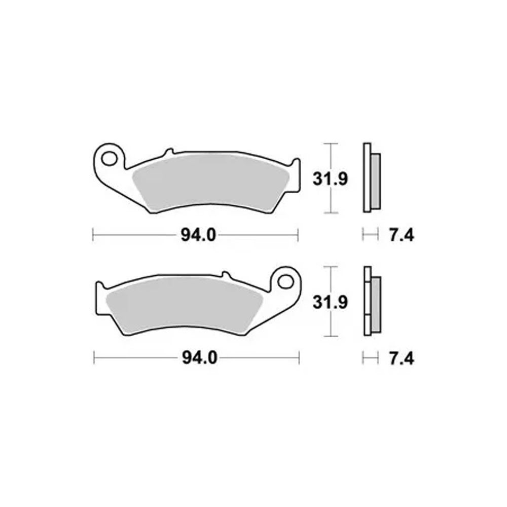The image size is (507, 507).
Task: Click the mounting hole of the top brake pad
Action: pos(109,158)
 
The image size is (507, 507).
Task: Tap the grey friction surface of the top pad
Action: pos(211,183)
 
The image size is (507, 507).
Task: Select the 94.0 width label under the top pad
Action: pos(198,235)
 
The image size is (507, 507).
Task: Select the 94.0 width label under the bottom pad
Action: pos(199,358)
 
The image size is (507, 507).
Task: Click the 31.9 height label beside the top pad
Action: pos(330,179)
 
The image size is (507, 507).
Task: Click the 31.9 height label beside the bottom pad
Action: pos(330,302)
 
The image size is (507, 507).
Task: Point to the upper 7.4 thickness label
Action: pos(401,235)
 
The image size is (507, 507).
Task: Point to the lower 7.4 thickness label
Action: pos(401,358)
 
